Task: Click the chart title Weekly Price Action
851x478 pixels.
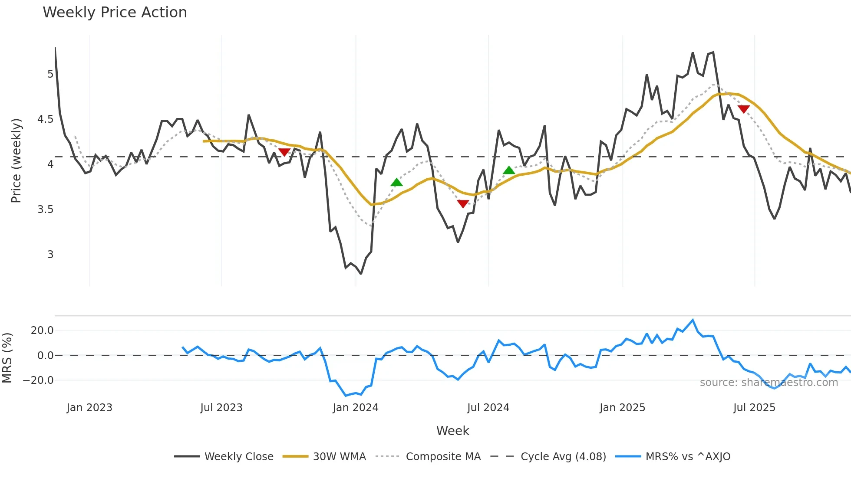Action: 115,13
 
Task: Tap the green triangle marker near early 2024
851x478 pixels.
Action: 396,182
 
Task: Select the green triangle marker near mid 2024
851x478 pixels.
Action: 509,170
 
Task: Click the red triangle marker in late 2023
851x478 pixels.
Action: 284,152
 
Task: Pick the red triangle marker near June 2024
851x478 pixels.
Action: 463,203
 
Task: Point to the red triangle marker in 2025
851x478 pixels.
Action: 743,109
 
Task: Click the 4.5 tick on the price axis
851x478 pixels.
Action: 45,119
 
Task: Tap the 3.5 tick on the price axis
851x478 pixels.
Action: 45,210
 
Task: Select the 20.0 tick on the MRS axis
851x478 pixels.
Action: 42,331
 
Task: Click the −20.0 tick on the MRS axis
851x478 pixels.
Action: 38,380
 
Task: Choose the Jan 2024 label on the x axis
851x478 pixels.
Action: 355,408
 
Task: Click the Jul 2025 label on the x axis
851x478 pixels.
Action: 754,408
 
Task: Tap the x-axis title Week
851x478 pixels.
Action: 452,431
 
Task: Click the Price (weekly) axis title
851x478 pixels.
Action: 16,160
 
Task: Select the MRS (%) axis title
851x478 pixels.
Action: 7,358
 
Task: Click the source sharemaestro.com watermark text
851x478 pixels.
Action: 769,383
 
